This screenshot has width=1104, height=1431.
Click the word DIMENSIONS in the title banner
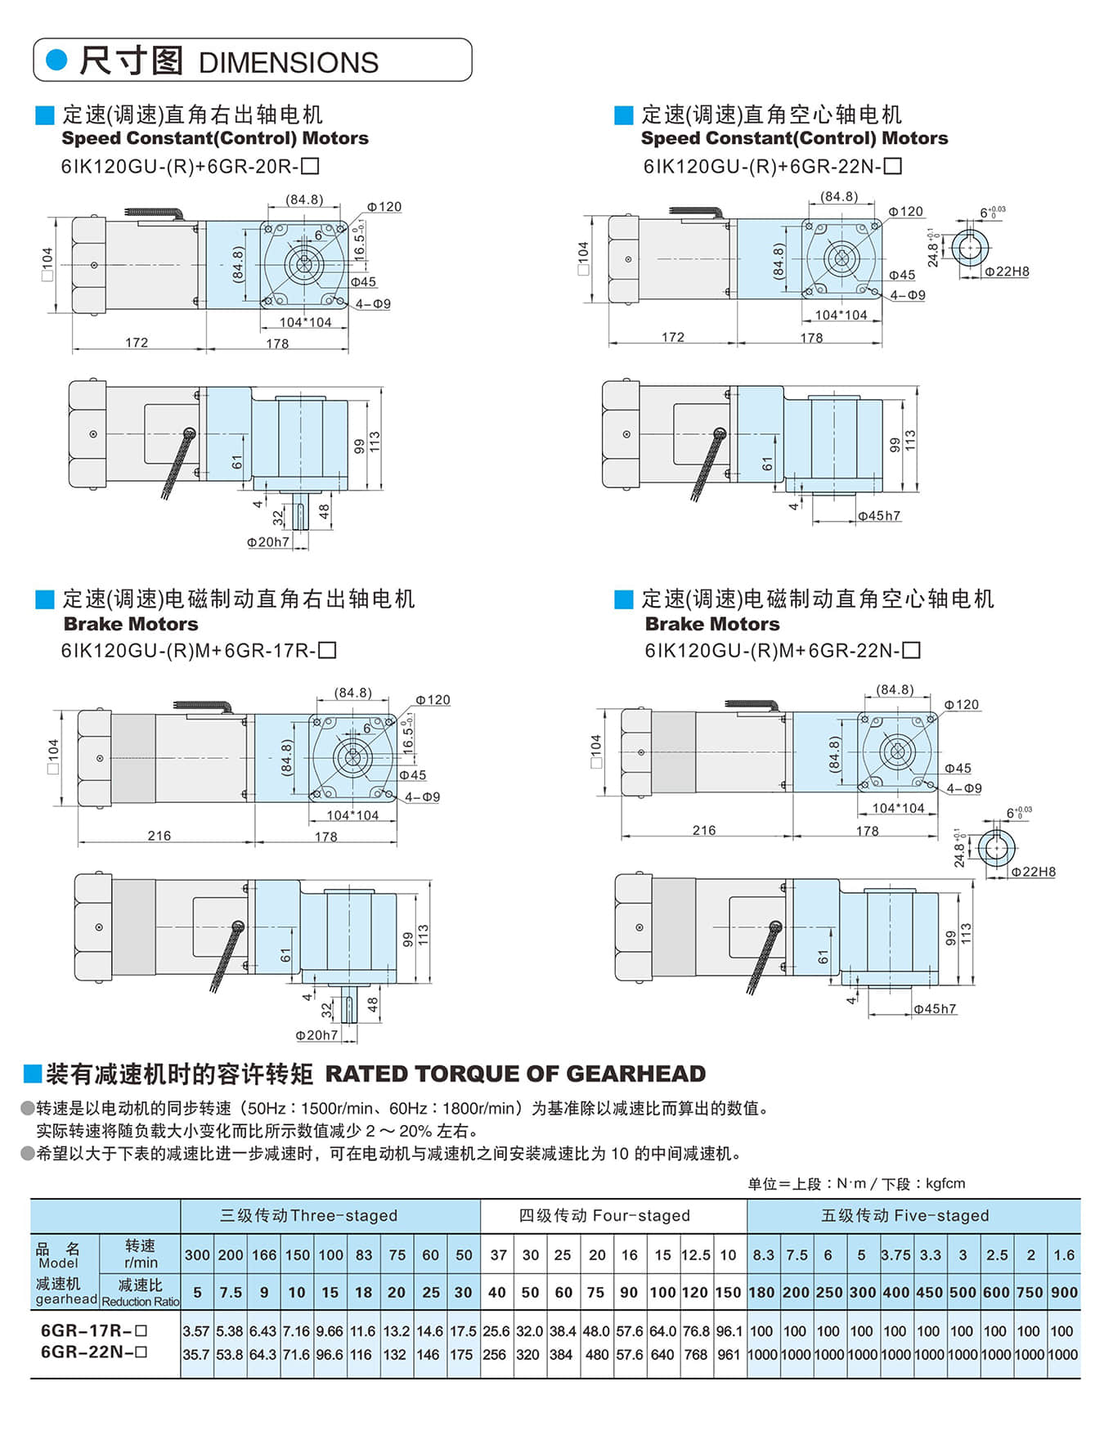(x=288, y=63)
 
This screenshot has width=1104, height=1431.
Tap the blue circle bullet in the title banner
(x=56, y=60)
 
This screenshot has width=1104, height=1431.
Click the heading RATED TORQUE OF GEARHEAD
(x=515, y=1074)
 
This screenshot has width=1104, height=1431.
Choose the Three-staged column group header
(x=308, y=1216)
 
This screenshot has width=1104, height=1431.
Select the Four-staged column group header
(x=604, y=1216)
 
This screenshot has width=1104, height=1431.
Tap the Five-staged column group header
(x=904, y=1216)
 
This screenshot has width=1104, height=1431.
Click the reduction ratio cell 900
(x=1063, y=1293)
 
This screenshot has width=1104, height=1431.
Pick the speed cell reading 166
(x=263, y=1255)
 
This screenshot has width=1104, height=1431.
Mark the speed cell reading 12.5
(x=695, y=1255)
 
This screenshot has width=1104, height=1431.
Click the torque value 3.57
(x=196, y=1331)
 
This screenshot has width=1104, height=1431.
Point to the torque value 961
(x=728, y=1355)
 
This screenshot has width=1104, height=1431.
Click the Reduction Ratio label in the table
(x=140, y=1302)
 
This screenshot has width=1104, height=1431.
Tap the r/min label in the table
(x=140, y=1263)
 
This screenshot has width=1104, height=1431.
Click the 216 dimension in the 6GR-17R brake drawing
(x=159, y=836)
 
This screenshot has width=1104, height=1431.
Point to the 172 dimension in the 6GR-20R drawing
(x=137, y=343)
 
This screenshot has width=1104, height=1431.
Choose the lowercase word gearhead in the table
(x=65, y=1299)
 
